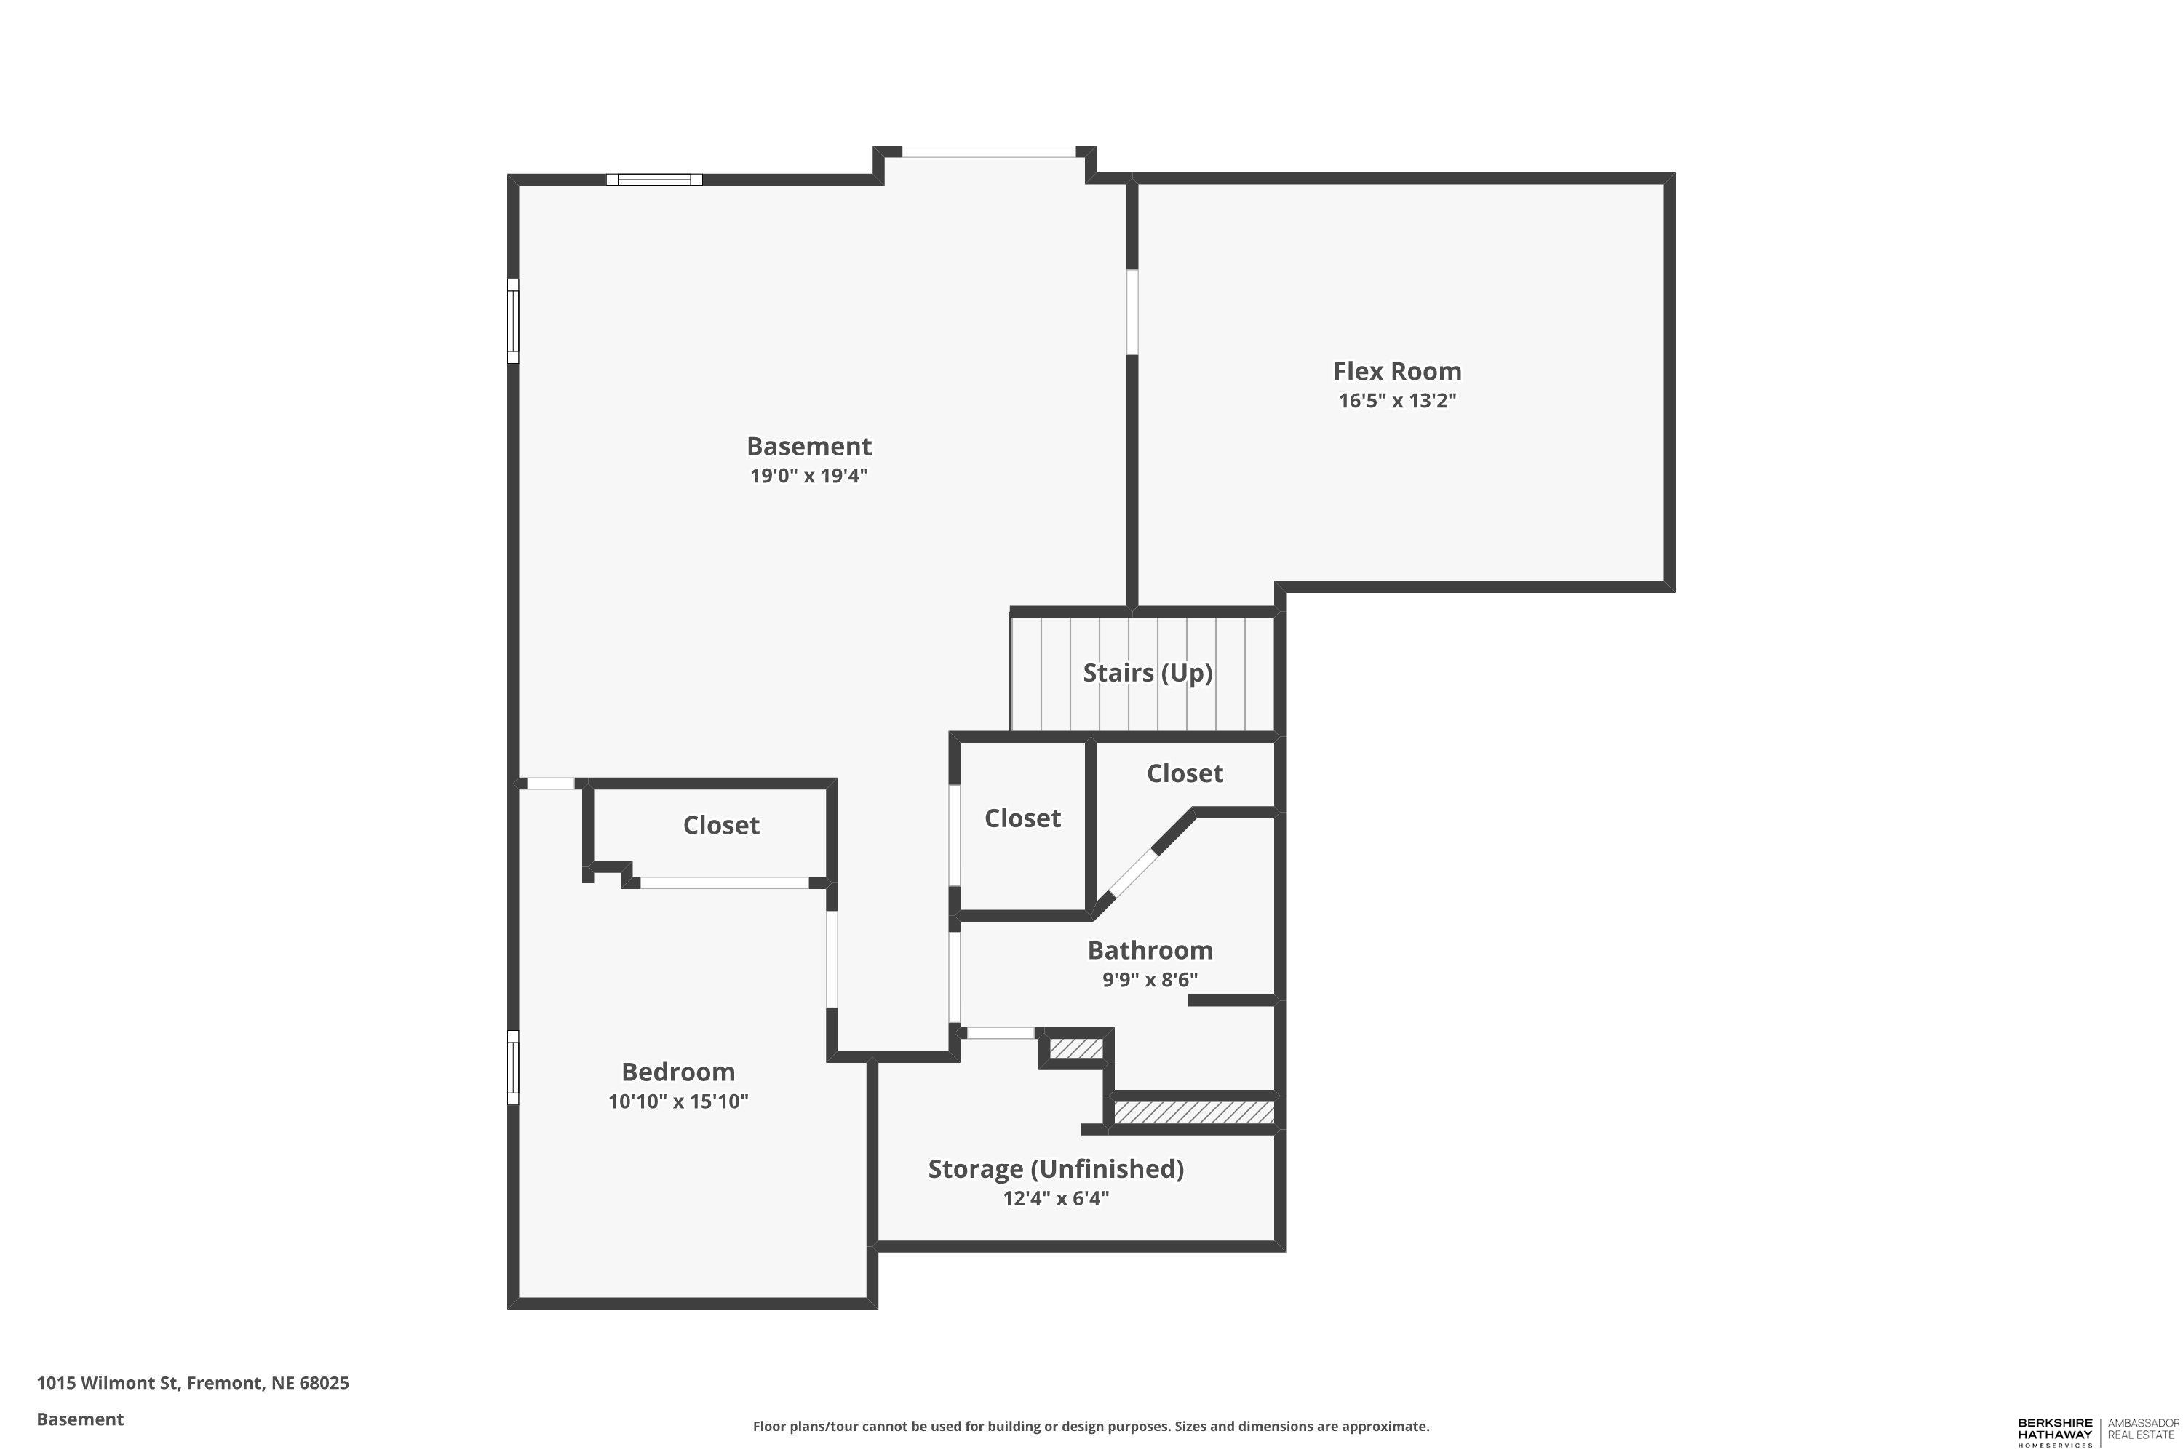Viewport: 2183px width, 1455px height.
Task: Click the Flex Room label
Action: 1397,371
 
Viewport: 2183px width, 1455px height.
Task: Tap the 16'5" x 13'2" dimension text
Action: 1397,401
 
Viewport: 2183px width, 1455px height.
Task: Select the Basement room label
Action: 808,447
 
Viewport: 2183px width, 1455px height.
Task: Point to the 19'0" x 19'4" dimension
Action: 808,476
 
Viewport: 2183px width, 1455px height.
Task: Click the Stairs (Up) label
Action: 1148,673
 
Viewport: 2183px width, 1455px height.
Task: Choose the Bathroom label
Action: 1150,950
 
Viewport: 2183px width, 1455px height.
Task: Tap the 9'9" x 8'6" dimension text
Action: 1150,979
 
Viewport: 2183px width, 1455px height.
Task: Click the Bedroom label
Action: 677,1072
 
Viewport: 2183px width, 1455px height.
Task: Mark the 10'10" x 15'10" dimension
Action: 677,1101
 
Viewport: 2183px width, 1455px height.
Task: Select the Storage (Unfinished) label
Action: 1055,1169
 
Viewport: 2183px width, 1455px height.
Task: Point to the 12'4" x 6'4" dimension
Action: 1055,1198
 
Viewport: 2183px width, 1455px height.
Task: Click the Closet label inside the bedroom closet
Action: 721,825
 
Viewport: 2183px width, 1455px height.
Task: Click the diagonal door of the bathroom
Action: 1134,874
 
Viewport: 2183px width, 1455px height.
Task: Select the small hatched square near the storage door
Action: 1075,1048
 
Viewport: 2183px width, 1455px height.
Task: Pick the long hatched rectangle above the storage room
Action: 1193,1112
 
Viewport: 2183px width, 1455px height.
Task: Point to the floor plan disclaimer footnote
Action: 1091,1426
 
